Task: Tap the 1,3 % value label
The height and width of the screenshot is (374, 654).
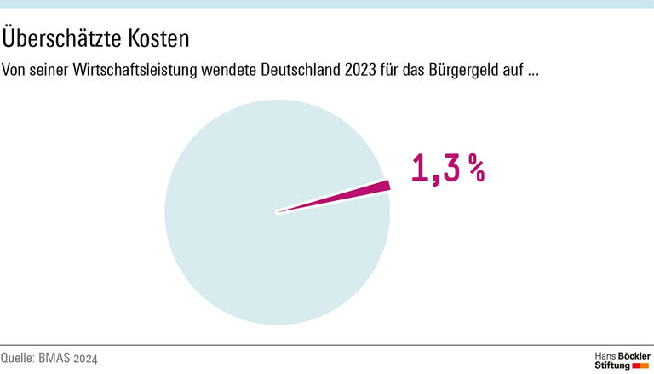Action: [x=448, y=169]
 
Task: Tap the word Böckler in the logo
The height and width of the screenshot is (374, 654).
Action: [x=633, y=354]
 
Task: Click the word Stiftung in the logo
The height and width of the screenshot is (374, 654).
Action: [x=612, y=365]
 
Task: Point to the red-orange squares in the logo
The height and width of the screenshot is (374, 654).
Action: [x=641, y=365]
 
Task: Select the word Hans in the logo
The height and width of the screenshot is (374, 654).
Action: [x=604, y=354]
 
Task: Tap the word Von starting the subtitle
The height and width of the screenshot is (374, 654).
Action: [x=16, y=71]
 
